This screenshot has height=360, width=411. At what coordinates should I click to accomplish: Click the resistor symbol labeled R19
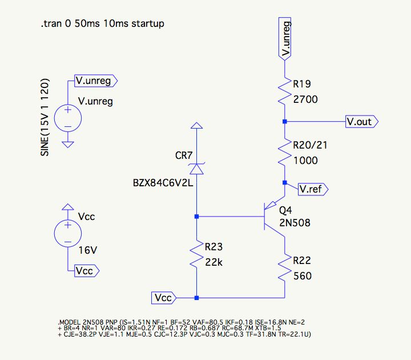pos(284,92)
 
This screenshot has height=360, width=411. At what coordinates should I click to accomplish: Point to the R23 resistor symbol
pos(196,256)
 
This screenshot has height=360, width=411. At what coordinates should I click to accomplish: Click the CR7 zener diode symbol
pos(196,169)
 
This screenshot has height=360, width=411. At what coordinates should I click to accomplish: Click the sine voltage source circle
pos(67,118)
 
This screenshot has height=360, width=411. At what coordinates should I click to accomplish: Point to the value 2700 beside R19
pos(305,99)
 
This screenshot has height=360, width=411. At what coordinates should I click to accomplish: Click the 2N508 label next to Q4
pos(295,223)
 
